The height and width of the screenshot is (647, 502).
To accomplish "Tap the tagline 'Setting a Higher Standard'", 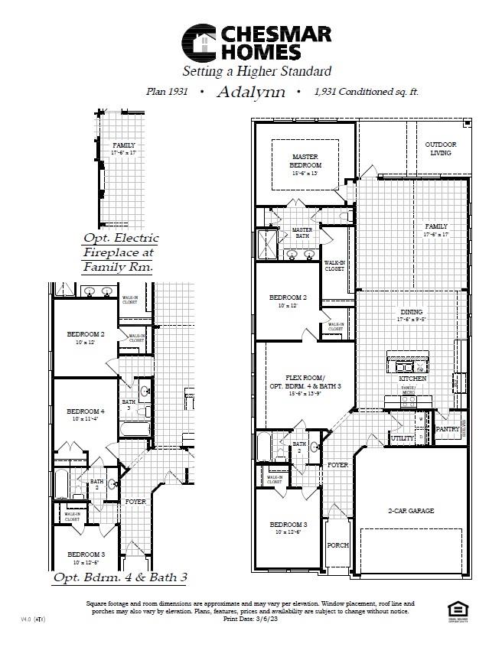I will click(x=256, y=72).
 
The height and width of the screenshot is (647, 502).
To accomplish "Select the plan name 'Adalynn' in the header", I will click(x=251, y=93).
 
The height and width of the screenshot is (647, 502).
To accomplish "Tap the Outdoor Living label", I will click(x=441, y=148).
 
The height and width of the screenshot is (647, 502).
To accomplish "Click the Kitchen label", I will click(x=412, y=379).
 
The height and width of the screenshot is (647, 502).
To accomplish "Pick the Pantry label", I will click(x=448, y=429).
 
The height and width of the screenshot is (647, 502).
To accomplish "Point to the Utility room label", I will click(x=402, y=438).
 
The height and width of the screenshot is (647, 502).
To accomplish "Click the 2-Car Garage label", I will click(x=411, y=510).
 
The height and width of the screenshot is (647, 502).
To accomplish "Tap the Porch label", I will click(x=337, y=545).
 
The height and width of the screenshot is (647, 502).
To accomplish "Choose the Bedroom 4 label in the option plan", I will click(x=85, y=415).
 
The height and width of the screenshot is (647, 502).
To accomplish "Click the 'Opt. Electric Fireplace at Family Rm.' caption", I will click(x=119, y=252).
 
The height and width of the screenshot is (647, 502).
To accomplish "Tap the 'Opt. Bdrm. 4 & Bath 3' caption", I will click(x=120, y=577).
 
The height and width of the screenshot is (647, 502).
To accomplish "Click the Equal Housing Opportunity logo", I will click(x=457, y=610).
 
